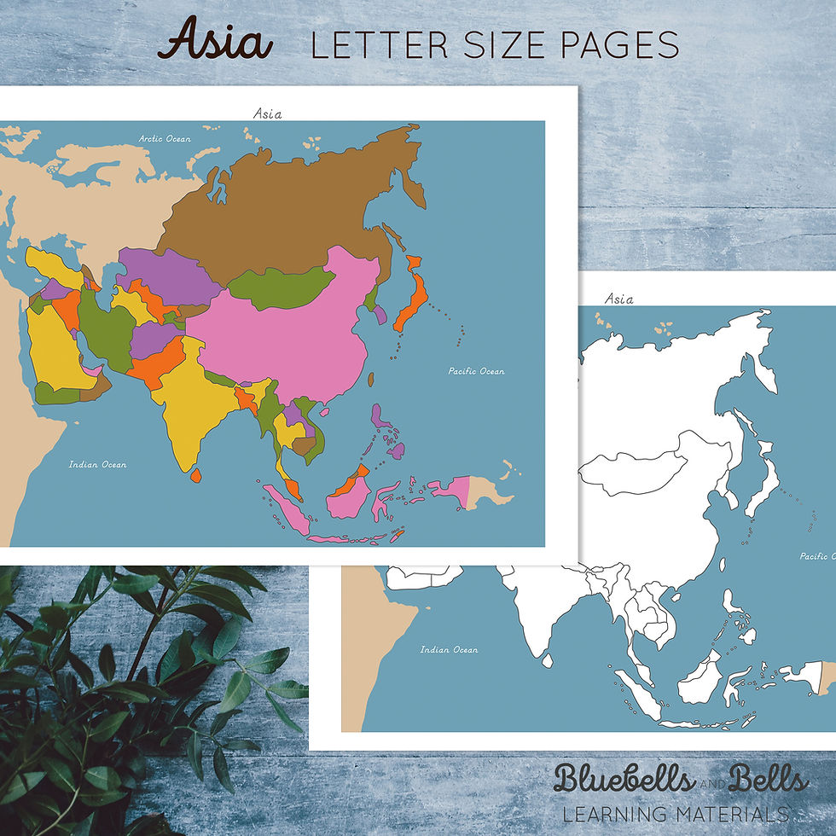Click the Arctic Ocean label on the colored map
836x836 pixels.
coord(165,138)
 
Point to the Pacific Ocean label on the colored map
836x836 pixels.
coord(477,371)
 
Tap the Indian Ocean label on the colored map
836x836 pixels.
coord(98,465)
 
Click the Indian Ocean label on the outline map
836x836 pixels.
coord(449,650)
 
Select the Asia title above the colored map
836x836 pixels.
coord(268,113)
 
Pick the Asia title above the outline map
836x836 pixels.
coord(618,299)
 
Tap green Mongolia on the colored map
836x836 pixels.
coord(279,288)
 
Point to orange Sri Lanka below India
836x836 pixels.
coord(196,475)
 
